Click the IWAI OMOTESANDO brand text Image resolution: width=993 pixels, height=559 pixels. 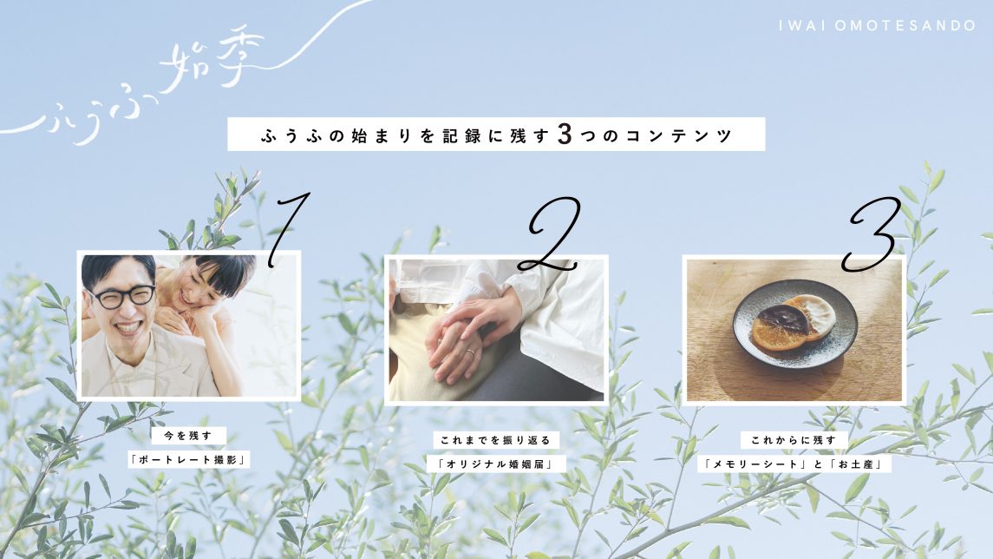tap(877, 26)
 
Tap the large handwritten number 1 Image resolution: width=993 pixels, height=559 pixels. tap(287, 228)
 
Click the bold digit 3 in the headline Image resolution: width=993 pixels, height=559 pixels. tap(565, 135)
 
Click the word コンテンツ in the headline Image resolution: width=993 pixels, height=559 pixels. tap(678, 135)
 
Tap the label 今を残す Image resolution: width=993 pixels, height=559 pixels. tap(188, 436)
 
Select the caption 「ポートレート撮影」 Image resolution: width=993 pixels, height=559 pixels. tap(188, 459)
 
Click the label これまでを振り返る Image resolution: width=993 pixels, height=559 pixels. tap(496, 440)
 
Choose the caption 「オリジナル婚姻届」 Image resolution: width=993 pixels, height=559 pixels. tap(496, 464)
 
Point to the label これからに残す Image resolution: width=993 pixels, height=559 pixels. tap(794, 440)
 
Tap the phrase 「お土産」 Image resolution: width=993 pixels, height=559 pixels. tap(857, 464)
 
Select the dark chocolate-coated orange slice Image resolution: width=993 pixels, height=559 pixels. tap(777, 322)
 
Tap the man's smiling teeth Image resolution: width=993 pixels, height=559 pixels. tap(127, 327)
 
